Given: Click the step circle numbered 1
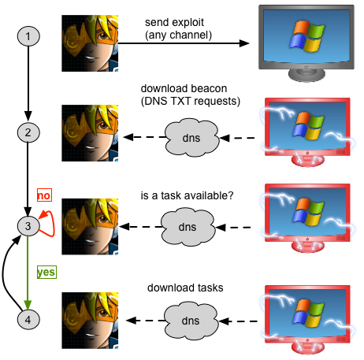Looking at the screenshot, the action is tap(28, 36).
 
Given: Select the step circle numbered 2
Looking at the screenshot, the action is tap(28, 132).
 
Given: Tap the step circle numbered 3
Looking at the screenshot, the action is tap(28, 226).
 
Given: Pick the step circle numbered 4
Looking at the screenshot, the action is tap(28, 320).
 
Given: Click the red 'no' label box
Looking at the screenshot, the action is tap(44, 195).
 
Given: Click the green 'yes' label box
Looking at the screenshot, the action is tap(46, 272).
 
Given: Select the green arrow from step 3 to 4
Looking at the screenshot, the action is tap(28, 273).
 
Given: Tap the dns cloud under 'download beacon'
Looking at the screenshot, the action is tap(191, 137).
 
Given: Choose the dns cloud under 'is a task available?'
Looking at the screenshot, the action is tap(188, 227).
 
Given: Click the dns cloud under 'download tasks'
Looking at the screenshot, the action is tap(191, 321).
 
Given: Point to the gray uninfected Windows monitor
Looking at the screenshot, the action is tap(306, 43).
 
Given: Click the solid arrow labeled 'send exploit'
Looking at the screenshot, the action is tap(184, 43).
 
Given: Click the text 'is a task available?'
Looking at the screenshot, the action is tap(187, 195).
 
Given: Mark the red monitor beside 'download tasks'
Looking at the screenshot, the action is tap(307, 320).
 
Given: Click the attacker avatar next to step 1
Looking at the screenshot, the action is tap(90, 43).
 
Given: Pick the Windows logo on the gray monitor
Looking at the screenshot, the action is tap(306, 35).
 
